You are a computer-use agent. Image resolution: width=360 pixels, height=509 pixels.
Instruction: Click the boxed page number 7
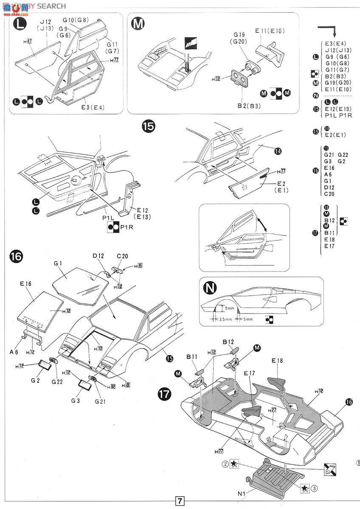click(x=180, y=501)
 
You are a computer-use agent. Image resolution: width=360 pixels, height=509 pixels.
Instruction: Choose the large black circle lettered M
click(x=138, y=24)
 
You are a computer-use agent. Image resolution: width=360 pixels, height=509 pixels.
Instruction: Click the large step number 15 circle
click(x=149, y=126)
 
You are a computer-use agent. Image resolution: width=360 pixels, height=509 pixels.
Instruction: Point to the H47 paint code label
click(x=28, y=41)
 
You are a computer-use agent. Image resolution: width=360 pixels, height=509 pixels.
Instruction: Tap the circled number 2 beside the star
click(x=225, y=463)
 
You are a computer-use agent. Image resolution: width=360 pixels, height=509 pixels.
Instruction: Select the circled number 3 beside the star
click(x=314, y=488)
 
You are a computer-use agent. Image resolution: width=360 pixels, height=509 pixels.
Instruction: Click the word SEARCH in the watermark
click(x=51, y=6)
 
